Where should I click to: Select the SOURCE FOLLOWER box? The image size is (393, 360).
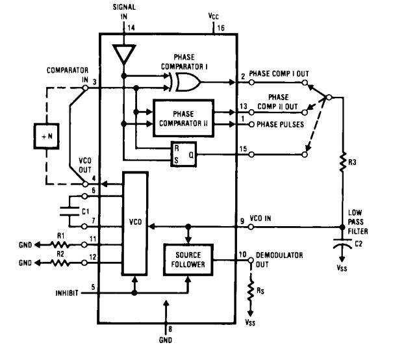point(186,260)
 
